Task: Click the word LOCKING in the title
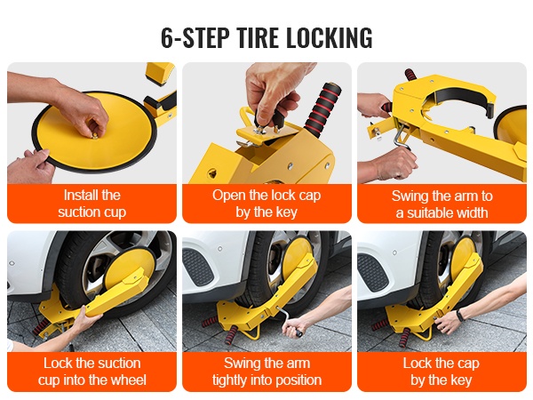click(x=329, y=37)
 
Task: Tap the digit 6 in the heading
click(x=167, y=37)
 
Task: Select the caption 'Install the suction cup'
click(x=91, y=204)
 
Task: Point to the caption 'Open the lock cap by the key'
click(x=266, y=204)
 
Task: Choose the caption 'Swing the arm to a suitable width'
click(x=442, y=204)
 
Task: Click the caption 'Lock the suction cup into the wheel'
click(x=91, y=372)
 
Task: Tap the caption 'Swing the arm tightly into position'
click(x=266, y=372)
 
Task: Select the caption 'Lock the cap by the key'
click(x=442, y=372)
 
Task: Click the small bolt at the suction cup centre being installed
click(x=95, y=136)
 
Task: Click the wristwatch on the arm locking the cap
click(x=460, y=316)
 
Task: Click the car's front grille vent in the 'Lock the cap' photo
click(x=372, y=273)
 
